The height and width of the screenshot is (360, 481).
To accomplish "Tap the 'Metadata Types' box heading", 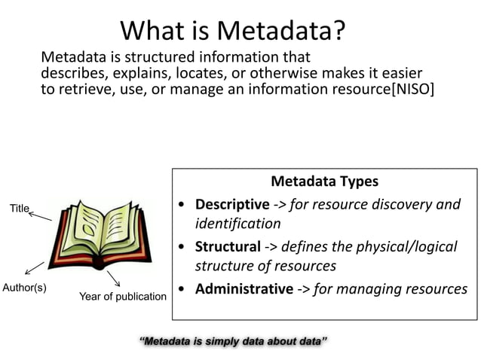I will point(324,182).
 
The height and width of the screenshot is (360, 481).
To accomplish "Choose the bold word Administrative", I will point(244,288).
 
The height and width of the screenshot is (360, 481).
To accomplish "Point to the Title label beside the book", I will point(19,208).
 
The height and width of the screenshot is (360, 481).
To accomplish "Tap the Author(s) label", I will point(25,288).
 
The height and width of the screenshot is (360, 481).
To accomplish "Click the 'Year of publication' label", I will point(123,296).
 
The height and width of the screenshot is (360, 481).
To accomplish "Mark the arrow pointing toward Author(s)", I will point(34,267).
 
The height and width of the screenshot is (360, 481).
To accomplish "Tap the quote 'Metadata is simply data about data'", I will point(233,341).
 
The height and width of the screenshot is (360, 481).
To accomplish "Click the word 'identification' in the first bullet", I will point(238,224).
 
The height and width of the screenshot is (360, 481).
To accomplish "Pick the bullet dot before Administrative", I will point(183,289).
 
